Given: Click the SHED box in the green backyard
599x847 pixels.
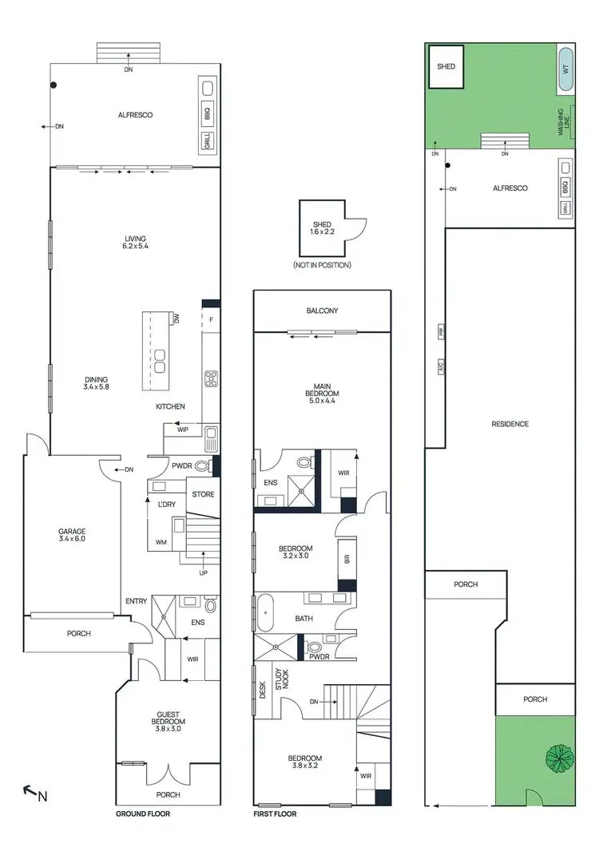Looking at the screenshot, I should tap(446, 66).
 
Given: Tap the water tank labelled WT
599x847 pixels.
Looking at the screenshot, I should tap(565, 69).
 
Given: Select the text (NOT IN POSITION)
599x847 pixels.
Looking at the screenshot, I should tap(322, 265).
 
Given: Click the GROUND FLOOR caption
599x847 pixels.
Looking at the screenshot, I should tap(144, 814).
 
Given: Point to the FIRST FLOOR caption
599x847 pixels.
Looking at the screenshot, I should tap(275, 814).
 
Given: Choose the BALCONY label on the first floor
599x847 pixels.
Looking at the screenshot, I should tap(323, 311).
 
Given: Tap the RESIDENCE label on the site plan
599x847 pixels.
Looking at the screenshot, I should tap(510, 424).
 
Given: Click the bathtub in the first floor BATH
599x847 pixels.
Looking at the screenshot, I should tap(265, 618).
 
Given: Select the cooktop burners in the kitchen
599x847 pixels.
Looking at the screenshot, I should tap(212, 378).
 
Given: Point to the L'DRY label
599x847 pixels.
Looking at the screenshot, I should tap(166, 505).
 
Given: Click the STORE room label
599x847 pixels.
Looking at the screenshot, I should tap(203, 494).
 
